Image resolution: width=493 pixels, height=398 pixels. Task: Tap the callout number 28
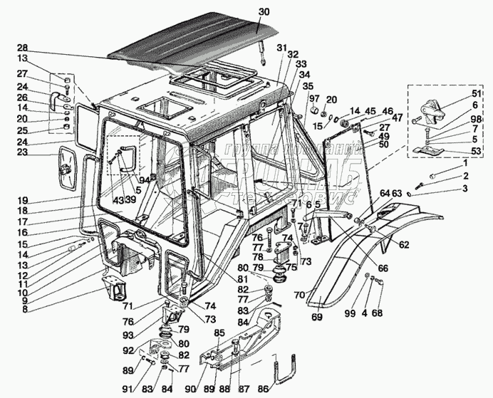[22, 48]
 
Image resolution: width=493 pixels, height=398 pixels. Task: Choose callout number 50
[384, 145]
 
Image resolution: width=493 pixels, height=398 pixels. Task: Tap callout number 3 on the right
[465, 188]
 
